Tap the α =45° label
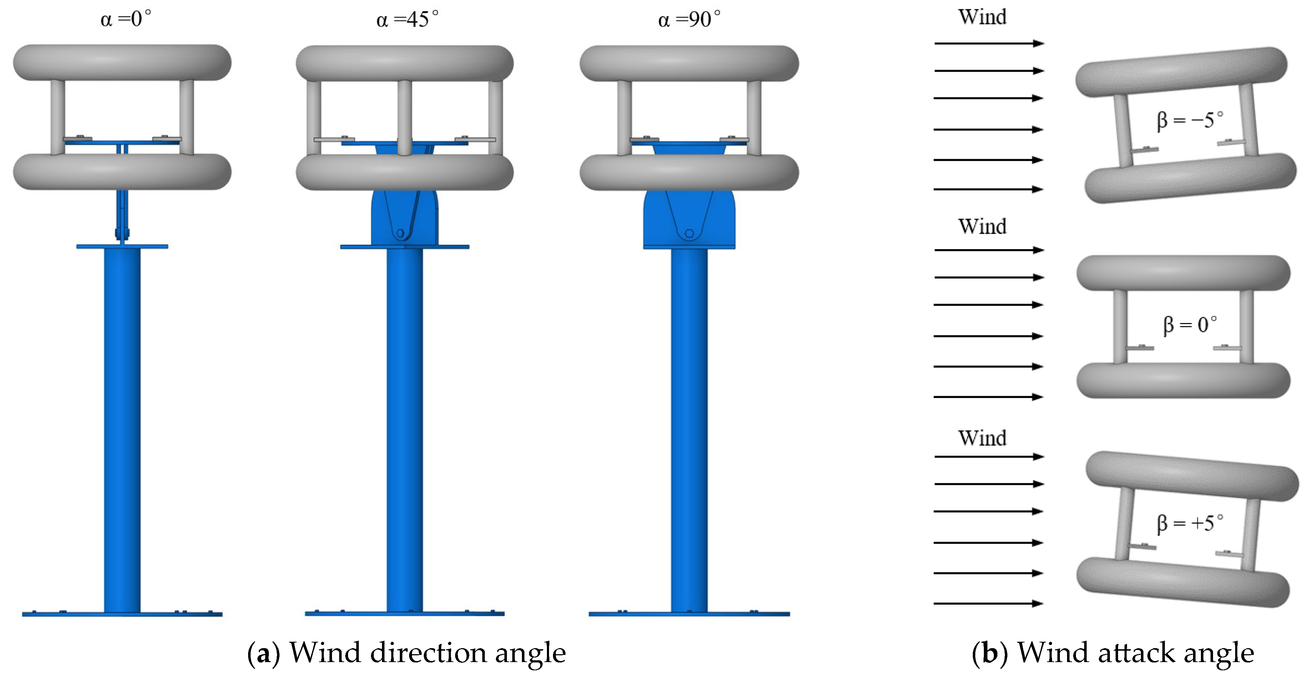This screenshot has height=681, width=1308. (407, 20)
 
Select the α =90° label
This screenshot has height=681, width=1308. (689, 20)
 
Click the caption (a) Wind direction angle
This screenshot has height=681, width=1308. (406, 652)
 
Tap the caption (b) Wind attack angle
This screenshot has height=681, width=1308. (1112, 652)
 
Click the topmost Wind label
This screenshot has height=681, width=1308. (982, 17)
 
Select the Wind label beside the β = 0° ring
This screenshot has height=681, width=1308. (982, 227)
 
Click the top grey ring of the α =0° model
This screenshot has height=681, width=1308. (122, 62)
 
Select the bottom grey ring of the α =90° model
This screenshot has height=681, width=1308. (689, 173)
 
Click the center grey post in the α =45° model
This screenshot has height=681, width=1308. (405, 117)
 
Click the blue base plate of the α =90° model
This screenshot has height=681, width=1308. (689, 614)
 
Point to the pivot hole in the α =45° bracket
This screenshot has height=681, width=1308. (400, 233)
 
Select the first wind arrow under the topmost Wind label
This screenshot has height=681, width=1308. (988, 44)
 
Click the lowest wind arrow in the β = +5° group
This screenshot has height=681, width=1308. (988, 603)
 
